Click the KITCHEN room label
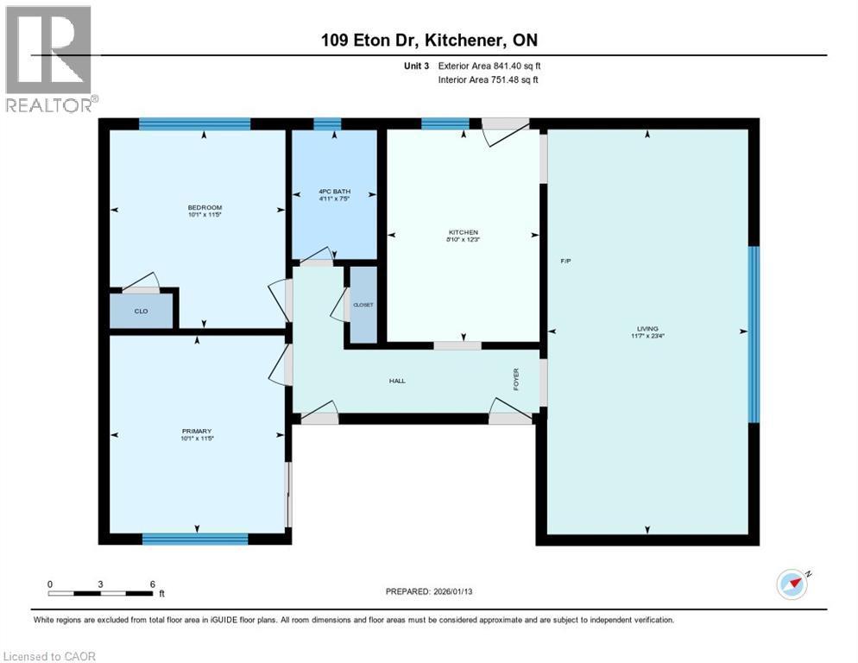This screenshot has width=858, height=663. coord(463,232)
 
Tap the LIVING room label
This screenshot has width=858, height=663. coord(647,329)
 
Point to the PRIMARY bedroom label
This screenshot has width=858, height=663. coord(197,432)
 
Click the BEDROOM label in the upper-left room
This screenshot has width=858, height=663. coord(205,207)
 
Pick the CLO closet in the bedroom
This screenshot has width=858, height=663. coord(142,312)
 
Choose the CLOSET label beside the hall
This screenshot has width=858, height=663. coord(363,305)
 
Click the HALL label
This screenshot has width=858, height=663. coord(397,381)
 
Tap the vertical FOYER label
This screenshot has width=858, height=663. coord(516,380)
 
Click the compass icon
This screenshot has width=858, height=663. coord(792,584)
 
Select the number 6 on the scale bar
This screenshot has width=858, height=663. coord(152,584)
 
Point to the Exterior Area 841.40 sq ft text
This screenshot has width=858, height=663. coord(489,66)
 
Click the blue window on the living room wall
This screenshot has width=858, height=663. coord(753,334)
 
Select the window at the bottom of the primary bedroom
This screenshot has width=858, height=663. coord(195,540)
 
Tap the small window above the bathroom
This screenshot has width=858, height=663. coord(327,123)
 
